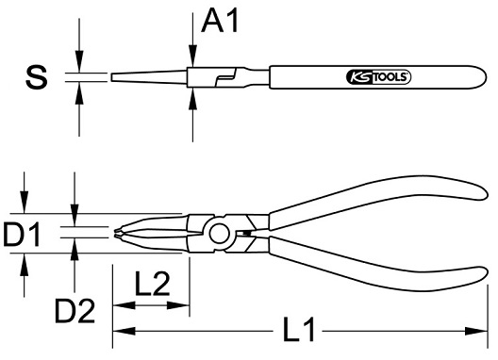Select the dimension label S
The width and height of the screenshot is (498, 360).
(37, 77)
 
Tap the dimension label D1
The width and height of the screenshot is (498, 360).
(22, 235)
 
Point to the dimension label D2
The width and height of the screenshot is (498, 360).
(75, 310)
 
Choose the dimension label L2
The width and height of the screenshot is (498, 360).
(152, 284)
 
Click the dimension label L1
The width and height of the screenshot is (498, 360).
(299, 329)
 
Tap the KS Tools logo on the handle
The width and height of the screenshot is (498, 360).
(378, 77)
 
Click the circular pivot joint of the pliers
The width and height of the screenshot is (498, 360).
(219, 234)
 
